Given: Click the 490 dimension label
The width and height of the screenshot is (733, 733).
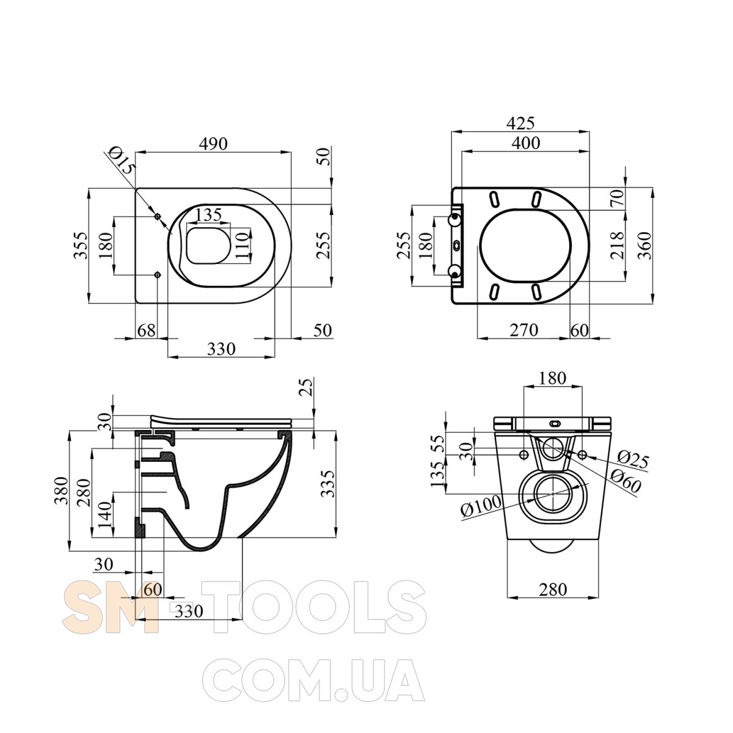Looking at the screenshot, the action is [213, 144].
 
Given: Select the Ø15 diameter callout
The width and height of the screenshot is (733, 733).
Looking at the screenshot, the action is [121, 161].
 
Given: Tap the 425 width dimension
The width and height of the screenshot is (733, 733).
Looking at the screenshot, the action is [520, 123].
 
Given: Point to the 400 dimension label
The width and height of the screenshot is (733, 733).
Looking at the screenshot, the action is [526, 143].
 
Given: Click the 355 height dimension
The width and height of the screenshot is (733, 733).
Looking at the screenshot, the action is [81, 246].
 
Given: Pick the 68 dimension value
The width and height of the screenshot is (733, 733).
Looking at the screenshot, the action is [147, 330].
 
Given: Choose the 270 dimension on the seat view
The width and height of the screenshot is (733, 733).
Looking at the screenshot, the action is [523, 330].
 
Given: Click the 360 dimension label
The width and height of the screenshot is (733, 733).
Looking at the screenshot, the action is [644, 246].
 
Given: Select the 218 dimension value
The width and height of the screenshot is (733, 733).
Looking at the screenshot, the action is [617, 246].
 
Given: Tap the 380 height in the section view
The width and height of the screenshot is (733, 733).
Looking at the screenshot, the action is [61, 490].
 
